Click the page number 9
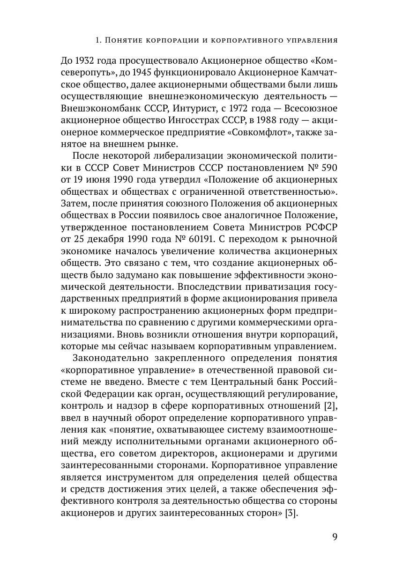point(335,537)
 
